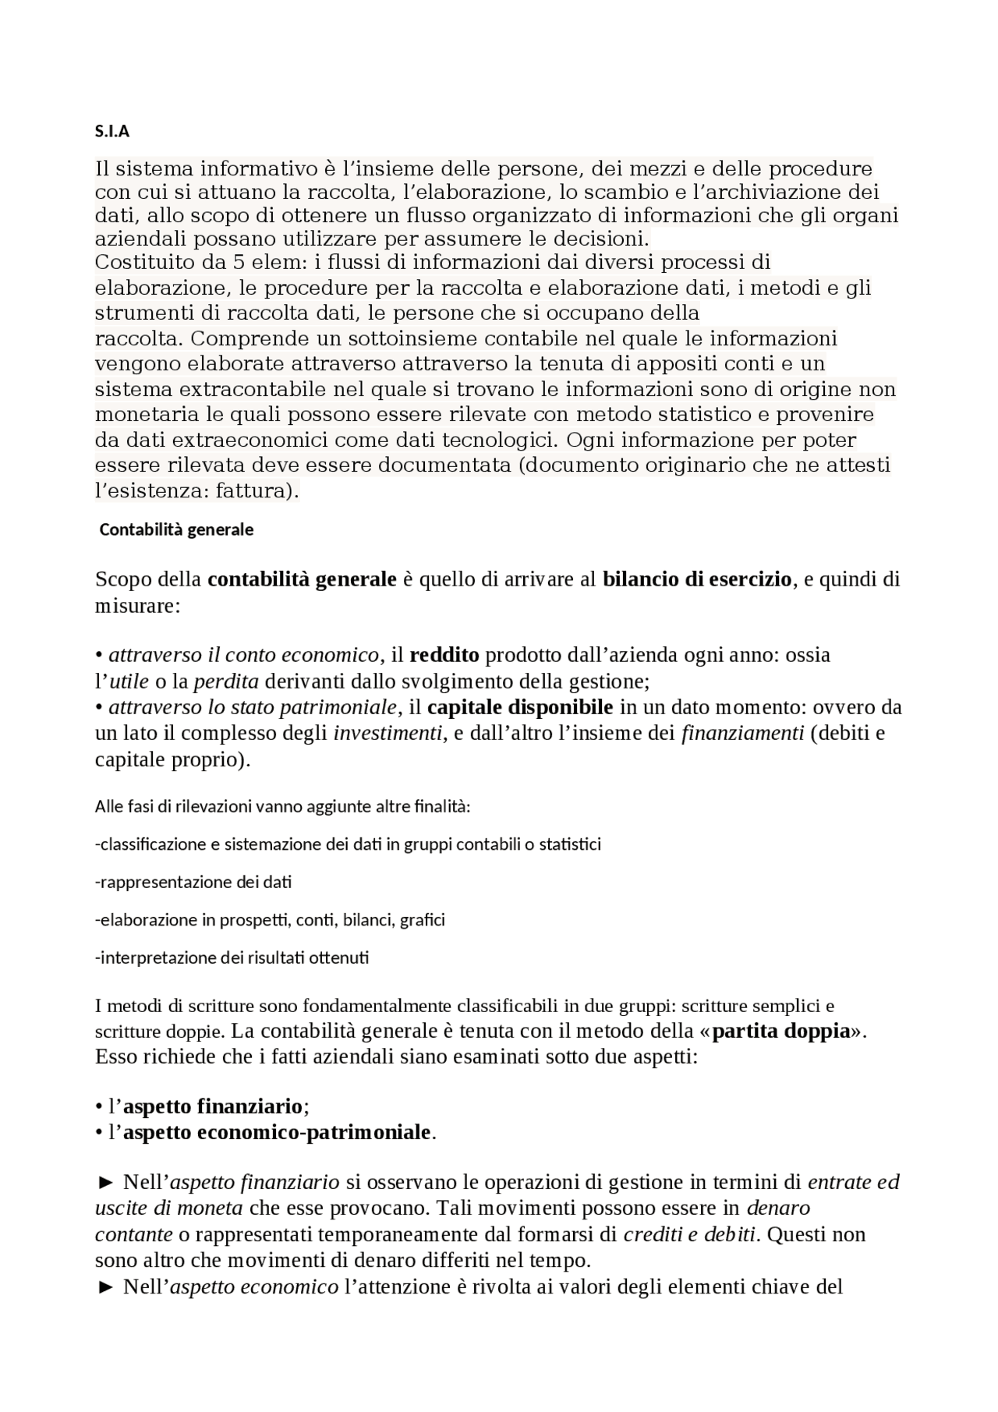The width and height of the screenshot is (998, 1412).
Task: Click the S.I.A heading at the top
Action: pos(112,132)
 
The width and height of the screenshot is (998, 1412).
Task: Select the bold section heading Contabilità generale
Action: pos(176,529)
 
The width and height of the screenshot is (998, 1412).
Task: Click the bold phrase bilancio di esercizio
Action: pos(697,579)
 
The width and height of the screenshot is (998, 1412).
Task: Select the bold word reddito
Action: pos(444,655)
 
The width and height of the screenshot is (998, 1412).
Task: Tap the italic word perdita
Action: pos(226,681)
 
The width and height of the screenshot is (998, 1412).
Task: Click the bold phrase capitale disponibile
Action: pos(520,707)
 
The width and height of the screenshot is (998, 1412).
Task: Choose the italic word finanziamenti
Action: pos(742,733)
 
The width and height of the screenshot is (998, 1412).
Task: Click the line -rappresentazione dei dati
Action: pos(193,882)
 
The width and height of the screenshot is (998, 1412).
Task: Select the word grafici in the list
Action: pos(422,919)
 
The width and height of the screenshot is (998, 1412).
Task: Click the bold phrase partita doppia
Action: pos(780,1031)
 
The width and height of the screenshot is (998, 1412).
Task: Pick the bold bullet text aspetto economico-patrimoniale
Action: pos(277,1131)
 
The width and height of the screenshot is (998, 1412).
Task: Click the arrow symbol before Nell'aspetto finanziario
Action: pos(106,1183)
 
